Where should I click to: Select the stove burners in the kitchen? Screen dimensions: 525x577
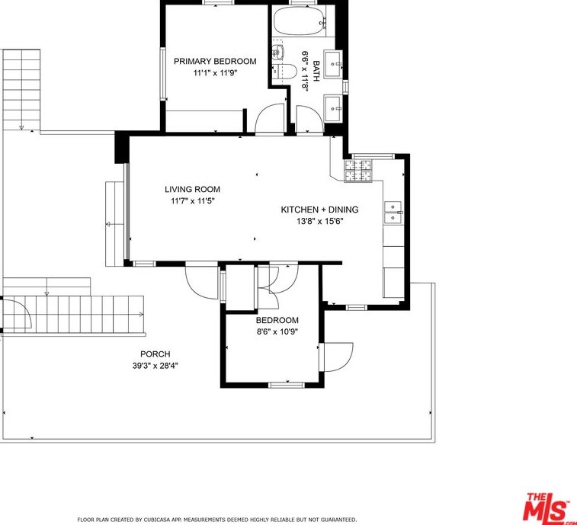pyautogui.click(x=357, y=171)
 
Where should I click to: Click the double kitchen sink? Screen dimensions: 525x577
pyautogui.click(x=393, y=213)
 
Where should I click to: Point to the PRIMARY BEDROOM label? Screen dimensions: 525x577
pyautogui.click(x=215, y=62)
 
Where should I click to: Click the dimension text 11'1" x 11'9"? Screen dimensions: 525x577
pyautogui.click(x=215, y=73)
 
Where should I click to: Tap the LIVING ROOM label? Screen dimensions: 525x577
pyautogui.click(x=192, y=190)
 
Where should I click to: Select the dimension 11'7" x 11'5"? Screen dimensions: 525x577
pyautogui.click(x=192, y=201)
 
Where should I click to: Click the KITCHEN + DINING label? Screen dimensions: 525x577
pyautogui.click(x=319, y=210)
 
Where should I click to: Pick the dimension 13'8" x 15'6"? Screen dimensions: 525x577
pyautogui.click(x=319, y=222)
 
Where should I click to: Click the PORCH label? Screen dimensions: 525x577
pyautogui.click(x=155, y=354)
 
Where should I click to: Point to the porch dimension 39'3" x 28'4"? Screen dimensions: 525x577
pyautogui.click(x=155, y=366)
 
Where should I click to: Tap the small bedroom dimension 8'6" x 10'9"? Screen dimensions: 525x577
pyautogui.click(x=277, y=332)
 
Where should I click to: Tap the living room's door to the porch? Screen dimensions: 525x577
pyautogui.click(x=201, y=280)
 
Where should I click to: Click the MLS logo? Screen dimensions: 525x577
pyautogui.click(x=548, y=506)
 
